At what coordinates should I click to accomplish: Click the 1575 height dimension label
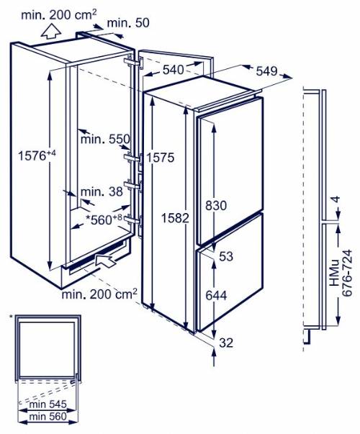click(161, 158)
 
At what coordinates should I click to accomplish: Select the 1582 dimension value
click(175, 218)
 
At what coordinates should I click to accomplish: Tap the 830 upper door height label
click(216, 206)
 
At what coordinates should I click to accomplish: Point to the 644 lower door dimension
click(216, 296)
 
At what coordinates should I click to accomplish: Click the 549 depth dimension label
click(266, 71)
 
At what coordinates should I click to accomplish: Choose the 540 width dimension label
click(173, 70)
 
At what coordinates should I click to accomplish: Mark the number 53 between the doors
click(226, 256)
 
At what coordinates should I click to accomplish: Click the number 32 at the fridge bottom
click(226, 343)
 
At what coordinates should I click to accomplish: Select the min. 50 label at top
click(128, 23)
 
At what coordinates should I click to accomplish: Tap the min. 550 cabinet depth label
click(105, 139)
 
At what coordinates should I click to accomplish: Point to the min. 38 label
click(102, 191)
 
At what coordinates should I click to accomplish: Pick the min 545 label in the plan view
click(48, 404)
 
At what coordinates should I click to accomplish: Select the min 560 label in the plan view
click(48, 416)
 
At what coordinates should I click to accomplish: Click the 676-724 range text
click(347, 273)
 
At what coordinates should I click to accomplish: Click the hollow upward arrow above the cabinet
click(51, 31)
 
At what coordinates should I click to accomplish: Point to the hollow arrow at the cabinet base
click(105, 261)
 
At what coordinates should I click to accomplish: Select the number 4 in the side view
click(336, 199)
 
